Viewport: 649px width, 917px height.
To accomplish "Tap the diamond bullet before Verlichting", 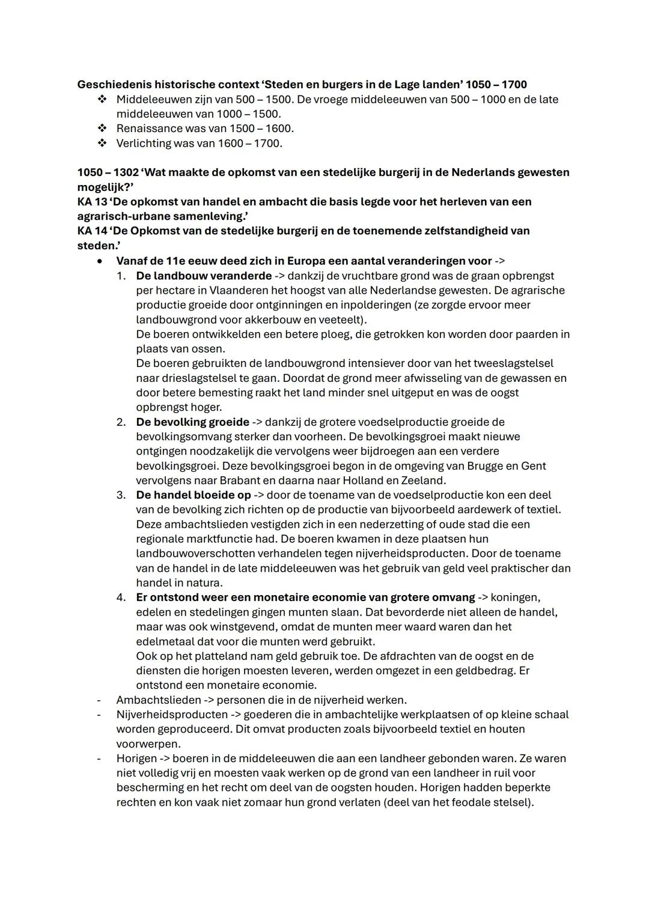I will click(102, 143).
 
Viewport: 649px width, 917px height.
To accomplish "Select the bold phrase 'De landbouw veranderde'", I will click(204, 276).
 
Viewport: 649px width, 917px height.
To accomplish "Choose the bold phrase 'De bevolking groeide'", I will click(192, 422).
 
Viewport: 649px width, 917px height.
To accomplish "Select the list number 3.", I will click(121, 495).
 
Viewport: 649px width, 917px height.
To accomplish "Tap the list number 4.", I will click(121, 597).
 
